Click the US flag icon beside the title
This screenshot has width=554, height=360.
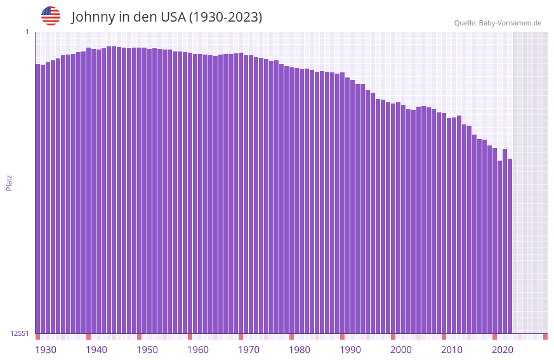point(51,16)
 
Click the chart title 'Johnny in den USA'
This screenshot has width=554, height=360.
point(166,17)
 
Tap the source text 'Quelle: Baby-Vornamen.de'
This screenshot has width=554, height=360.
point(498,23)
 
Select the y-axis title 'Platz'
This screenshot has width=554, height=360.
point(9,182)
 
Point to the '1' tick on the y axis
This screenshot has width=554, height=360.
point(27,32)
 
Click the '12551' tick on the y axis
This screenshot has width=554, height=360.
point(20,333)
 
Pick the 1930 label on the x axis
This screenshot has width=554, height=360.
point(46,350)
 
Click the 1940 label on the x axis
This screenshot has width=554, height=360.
point(96,350)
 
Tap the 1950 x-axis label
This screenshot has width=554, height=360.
point(147,350)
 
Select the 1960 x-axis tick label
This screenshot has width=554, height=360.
point(198,350)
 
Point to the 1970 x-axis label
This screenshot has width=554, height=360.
point(249,350)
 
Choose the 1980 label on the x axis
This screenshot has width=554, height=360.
point(300,350)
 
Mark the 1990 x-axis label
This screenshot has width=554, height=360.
point(350,350)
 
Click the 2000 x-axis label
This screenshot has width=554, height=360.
point(401,350)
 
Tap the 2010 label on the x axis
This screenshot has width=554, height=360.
point(452,350)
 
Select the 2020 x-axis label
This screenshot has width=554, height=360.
point(503,350)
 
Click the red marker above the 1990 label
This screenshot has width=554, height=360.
point(342,337)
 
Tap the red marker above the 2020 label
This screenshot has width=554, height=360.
point(494,337)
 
